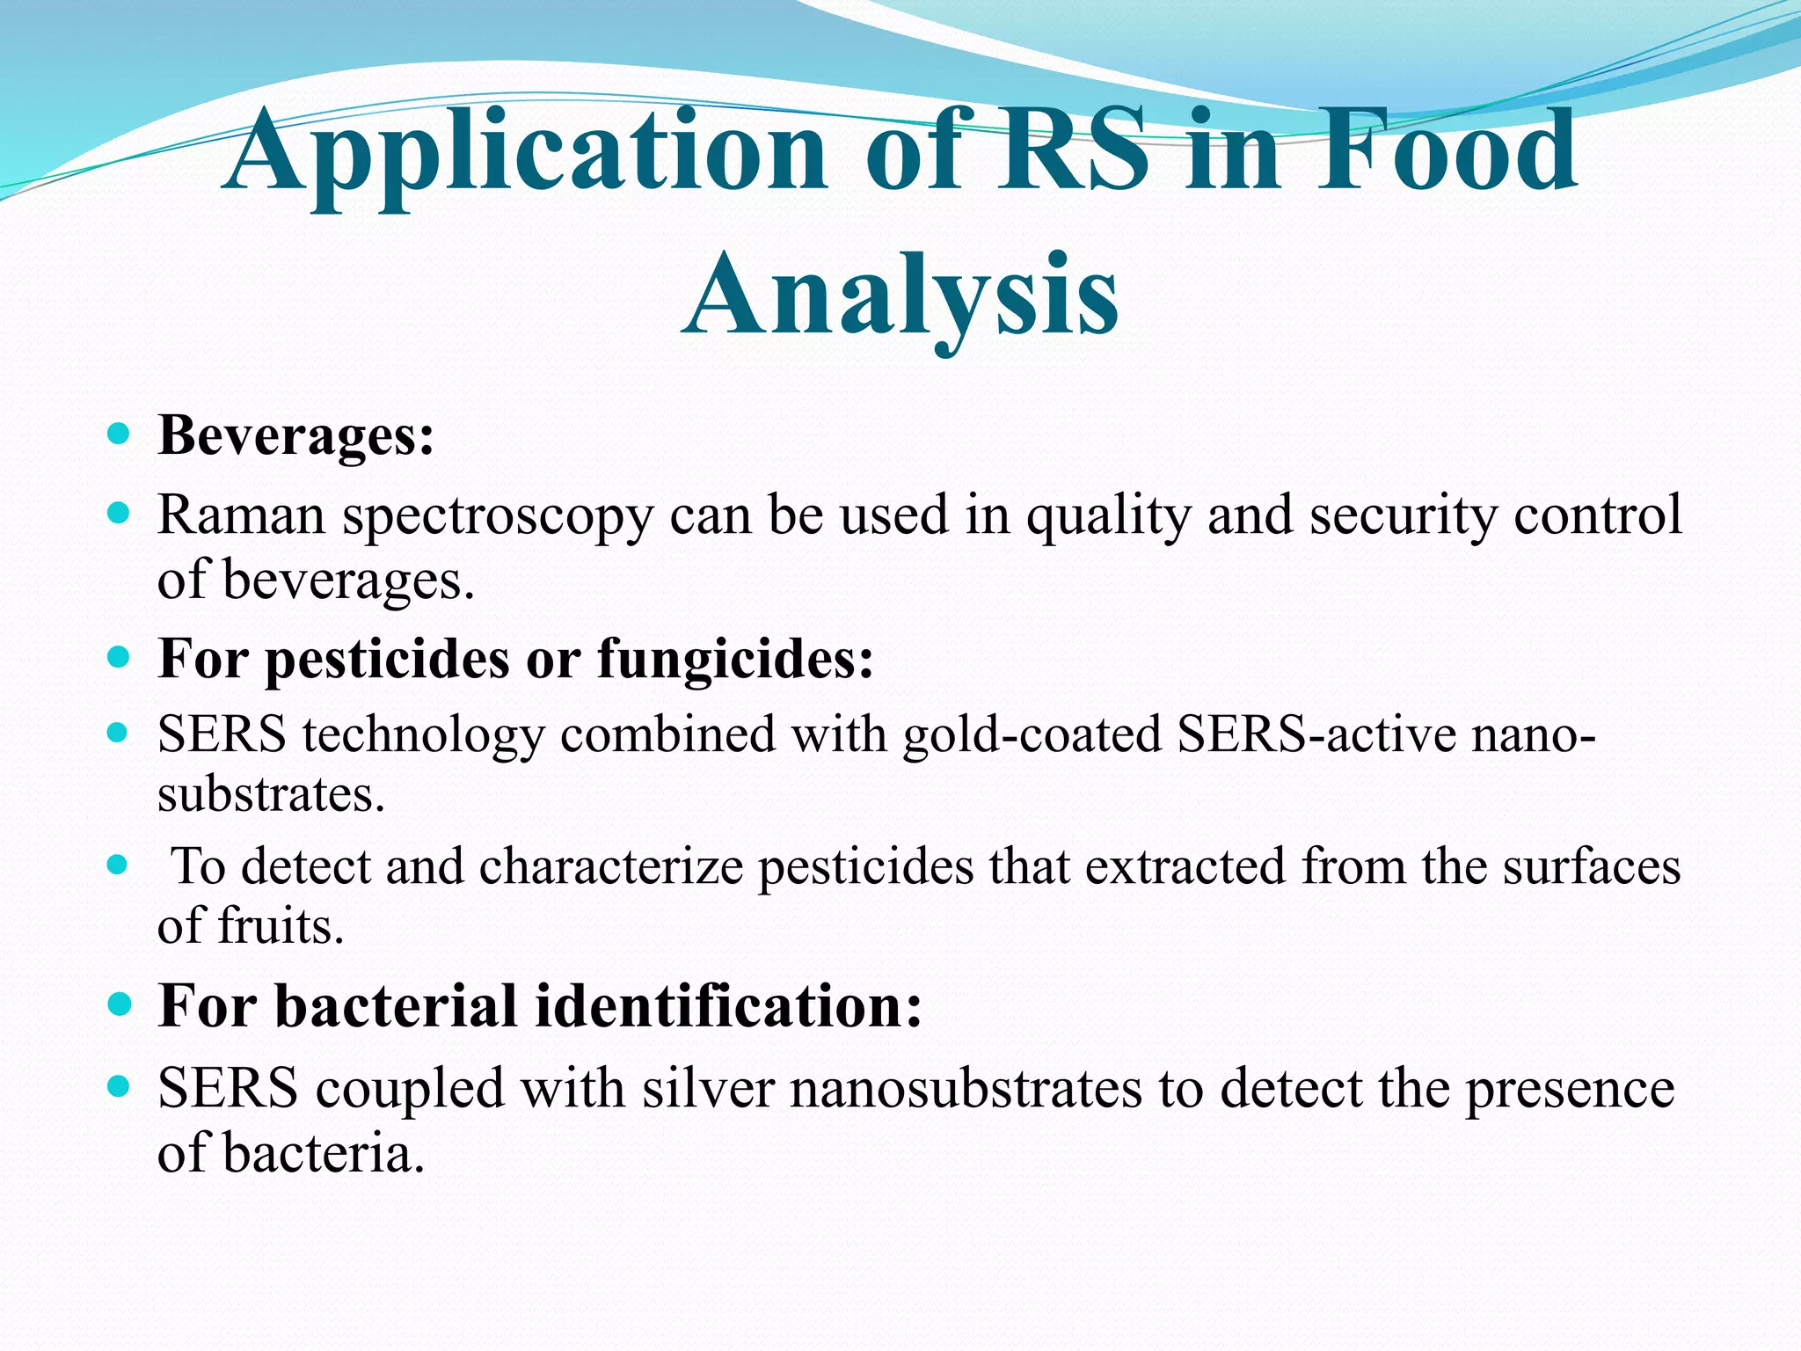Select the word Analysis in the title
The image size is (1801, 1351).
900,295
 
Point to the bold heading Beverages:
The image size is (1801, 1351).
295,435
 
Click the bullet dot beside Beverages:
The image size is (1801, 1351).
118,434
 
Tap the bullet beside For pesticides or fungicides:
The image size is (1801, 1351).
118,657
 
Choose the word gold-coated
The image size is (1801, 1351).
1032,735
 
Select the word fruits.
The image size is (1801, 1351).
280,926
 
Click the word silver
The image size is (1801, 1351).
708,1089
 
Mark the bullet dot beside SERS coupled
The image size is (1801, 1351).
118,1087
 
